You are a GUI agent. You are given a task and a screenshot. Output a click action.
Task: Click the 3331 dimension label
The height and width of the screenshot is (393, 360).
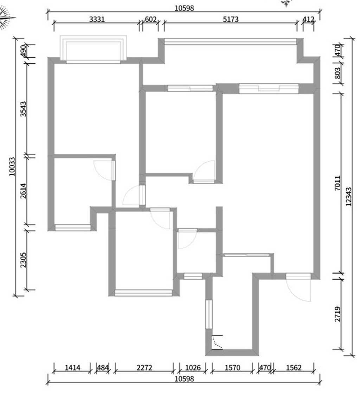pos(97,19)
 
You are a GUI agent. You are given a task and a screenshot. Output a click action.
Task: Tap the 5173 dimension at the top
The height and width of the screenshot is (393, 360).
pos(231,19)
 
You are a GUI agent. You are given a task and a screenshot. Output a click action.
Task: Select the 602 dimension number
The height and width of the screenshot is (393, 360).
pos(150,19)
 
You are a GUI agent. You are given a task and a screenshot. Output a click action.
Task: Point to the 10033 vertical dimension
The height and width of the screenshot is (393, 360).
pos(12,166)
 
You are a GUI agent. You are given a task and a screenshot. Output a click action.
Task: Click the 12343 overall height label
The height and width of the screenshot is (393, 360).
pos(348,197)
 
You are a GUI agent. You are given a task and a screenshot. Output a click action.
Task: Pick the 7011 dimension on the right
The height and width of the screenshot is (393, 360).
pos(338,183)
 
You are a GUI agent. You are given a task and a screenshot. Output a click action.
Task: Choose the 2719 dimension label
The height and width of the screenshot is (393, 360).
pos(338,314)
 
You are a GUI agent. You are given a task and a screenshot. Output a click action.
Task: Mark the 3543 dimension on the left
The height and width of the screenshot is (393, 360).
pos(23,109)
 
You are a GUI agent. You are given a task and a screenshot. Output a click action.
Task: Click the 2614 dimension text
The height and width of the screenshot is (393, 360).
pos(23,191)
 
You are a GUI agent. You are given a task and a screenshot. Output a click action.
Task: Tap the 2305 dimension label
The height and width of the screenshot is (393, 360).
pos(23,260)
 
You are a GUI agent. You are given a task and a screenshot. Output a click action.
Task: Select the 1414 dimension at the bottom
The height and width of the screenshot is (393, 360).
pos(73,368)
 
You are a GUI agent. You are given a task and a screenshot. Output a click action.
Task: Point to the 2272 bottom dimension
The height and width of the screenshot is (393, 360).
pos(144,368)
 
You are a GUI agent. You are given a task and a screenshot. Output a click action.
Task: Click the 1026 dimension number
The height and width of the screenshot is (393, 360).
pos(193,368)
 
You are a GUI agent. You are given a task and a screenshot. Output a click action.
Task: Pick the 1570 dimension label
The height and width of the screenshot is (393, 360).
pos(232,368)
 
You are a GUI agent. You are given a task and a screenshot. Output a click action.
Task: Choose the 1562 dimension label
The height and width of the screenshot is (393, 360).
pos(294,368)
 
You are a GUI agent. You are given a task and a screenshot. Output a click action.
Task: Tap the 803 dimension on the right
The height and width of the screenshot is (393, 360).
pos(338,73)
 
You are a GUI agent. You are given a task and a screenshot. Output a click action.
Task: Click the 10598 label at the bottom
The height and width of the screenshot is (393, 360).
pos(184,379)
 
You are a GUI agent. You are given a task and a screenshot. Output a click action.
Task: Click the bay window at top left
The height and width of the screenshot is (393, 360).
pos(93,49)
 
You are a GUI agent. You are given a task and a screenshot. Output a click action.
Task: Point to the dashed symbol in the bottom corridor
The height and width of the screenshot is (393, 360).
pos(217,342)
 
